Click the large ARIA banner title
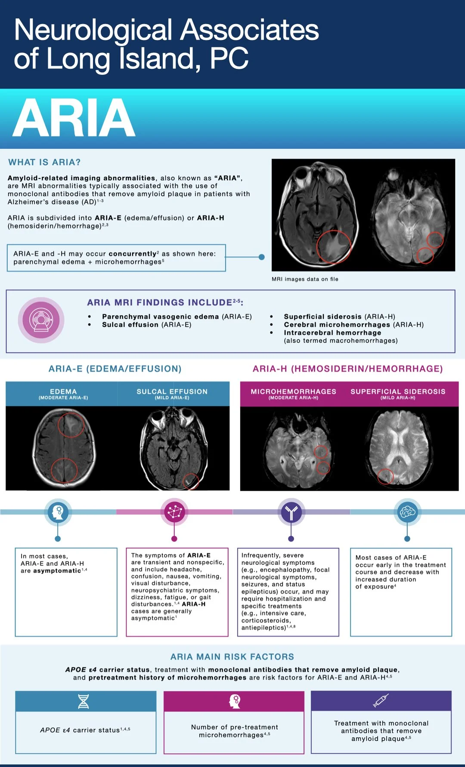pyautogui.click(x=74, y=118)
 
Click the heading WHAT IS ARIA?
pyautogui.click(x=44, y=162)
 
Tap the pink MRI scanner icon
pyautogui.click(x=41, y=320)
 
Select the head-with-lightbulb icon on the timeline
pyautogui.click(x=58, y=512)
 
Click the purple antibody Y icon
pyautogui.click(x=291, y=512)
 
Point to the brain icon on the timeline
pyautogui.click(x=407, y=512)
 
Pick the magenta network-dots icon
pyautogui.click(x=174, y=512)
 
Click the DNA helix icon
pyautogui.click(x=84, y=701)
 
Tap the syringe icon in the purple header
pyautogui.click(x=381, y=701)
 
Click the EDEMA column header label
pyautogui.click(x=63, y=391)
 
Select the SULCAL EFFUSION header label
pyautogui.click(x=172, y=391)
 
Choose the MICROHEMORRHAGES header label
pyautogui.click(x=293, y=391)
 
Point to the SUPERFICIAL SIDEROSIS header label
pyautogui.click(x=398, y=391)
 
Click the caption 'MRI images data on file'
pyautogui.click(x=305, y=279)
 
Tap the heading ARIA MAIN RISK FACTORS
pyautogui.click(x=232, y=657)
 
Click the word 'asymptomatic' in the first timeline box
pyautogui.click(x=57, y=571)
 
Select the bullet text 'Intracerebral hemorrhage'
pyautogui.click(x=332, y=333)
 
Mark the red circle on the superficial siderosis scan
pyautogui.click(x=385, y=476)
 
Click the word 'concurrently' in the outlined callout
pyautogui.click(x=133, y=254)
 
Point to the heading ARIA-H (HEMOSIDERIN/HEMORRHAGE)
pyautogui.click(x=347, y=369)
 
